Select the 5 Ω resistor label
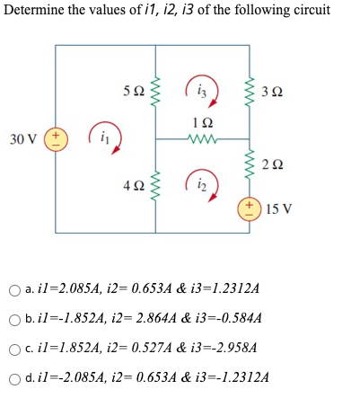coord(131,92)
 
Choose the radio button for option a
coord(13,290)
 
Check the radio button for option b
coord(13,319)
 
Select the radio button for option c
coord(13,348)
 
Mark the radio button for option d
coord(13,376)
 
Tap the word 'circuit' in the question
coord(309,10)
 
